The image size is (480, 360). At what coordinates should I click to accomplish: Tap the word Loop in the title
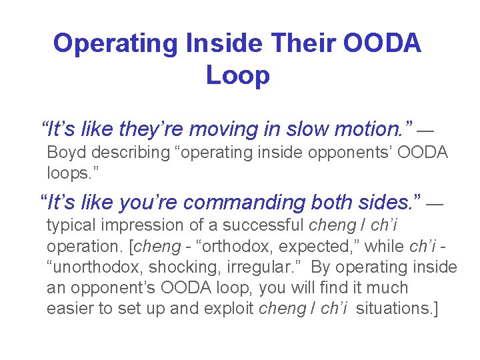(x=238, y=75)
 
